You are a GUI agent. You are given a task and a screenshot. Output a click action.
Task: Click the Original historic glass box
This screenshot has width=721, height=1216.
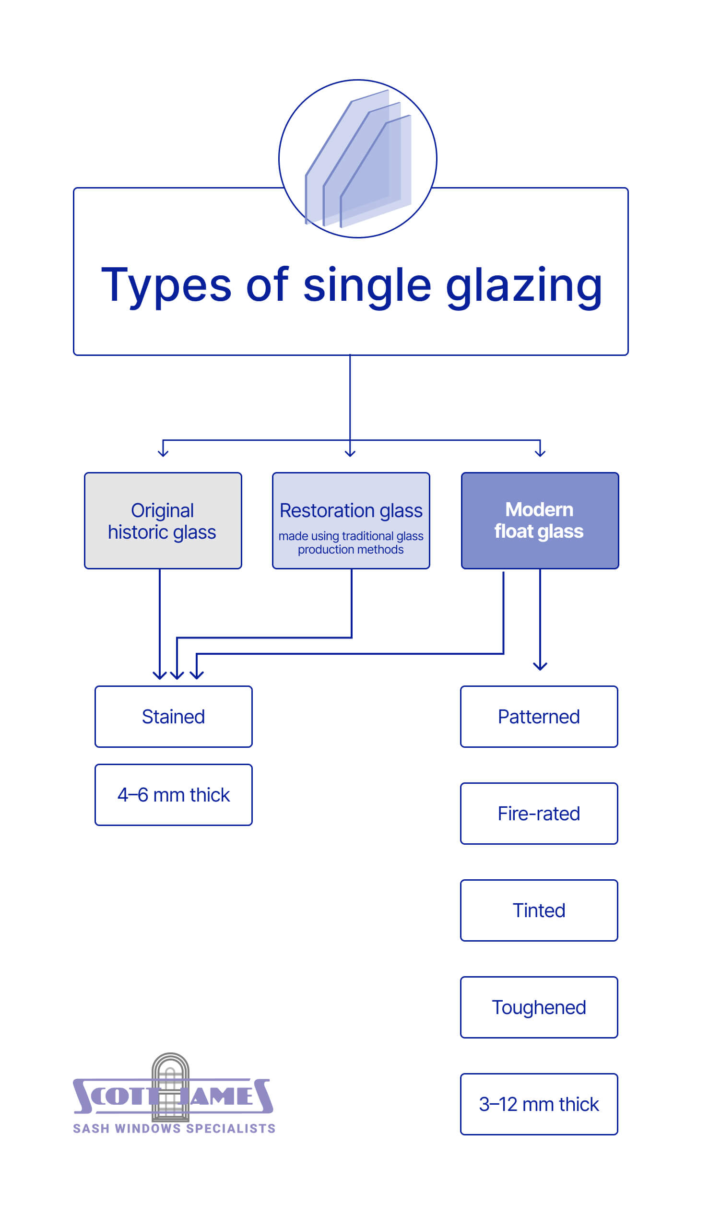tap(163, 521)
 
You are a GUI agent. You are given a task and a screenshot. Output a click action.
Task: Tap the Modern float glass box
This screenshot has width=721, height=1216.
tap(540, 521)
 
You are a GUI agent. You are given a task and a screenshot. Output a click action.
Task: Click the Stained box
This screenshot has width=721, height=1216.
tap(174, 717)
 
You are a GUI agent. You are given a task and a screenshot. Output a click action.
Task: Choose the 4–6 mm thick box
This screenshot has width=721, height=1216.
tap(174, 795)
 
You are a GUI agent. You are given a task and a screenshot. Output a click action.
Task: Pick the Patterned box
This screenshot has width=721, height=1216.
tap(539, 717)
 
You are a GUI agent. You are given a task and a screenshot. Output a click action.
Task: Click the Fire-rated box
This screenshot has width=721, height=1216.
tap(539, 814)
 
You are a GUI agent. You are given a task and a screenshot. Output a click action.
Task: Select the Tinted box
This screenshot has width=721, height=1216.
tap(539, 911)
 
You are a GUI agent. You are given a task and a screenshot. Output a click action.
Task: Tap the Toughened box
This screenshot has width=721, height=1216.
tap(539, 1008)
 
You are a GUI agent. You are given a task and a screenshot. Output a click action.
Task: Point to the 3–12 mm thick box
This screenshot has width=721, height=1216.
tap(539, 1105)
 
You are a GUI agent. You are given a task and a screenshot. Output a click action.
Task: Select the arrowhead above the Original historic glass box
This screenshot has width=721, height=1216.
tap(163, 454)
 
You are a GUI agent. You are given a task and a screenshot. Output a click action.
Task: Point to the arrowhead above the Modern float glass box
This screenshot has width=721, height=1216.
tap(540, 454)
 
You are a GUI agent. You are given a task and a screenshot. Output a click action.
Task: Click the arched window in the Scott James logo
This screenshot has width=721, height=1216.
tap(170, 1087)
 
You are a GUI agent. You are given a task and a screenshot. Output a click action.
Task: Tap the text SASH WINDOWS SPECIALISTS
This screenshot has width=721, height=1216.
tap(174, 1129)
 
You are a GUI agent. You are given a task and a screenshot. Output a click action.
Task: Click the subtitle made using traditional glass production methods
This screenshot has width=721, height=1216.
tap(351, 543)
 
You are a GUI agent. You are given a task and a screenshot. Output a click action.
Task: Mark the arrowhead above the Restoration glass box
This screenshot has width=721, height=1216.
tap(350, 454)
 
